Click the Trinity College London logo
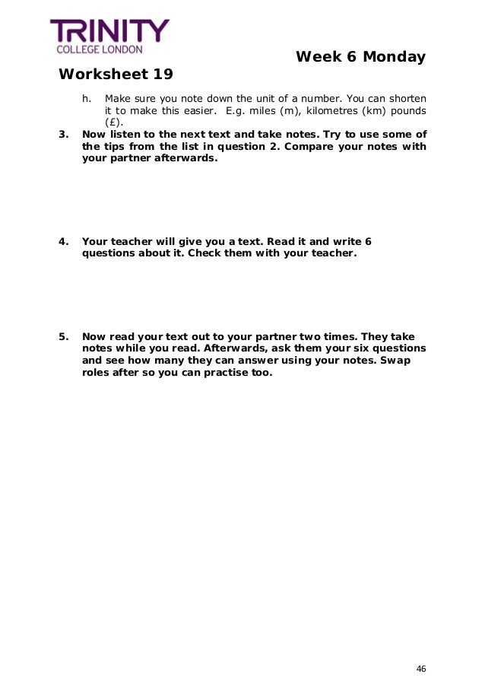coord(109,37)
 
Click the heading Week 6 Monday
coord(360,57)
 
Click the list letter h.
coord(86,98)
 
